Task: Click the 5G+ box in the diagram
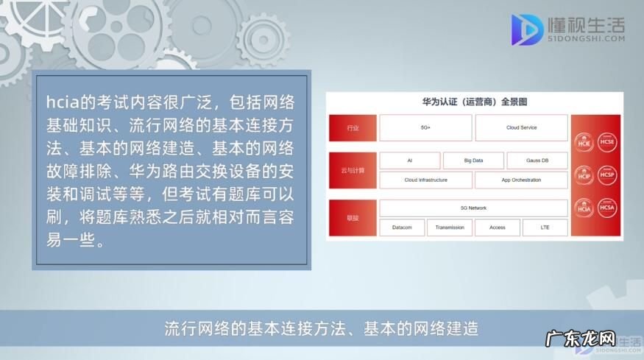pos(425,128)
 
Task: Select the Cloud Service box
pos(521,128)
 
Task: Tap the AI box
pos(409,160)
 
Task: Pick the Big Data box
pos(473,160)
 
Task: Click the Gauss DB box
pos(537,160)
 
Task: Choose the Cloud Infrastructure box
pos(425,180)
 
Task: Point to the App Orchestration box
pos(521,180)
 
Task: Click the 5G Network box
pos(473,208)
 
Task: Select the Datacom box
pos(402,227)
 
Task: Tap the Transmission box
pos(450,227)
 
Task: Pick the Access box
pos(498,227)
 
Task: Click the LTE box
pos(545,227)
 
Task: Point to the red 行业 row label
pos(353,128)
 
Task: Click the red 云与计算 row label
pos(353,170)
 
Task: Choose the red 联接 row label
pos(353,218)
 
